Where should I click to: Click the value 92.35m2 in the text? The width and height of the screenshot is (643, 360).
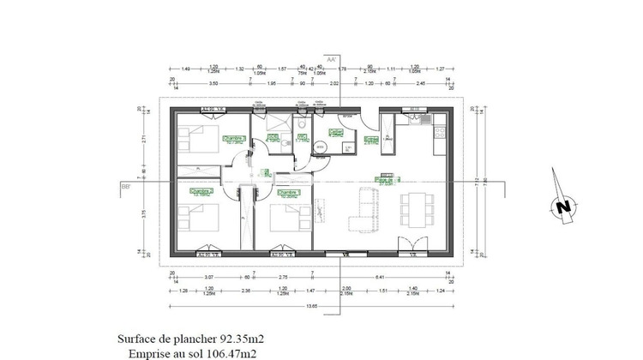(x=213, y=339)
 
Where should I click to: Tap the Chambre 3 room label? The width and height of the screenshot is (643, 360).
(x=234, y=138)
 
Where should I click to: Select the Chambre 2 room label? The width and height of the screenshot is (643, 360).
(x=201, y=192)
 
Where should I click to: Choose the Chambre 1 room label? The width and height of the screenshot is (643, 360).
(x=286, y=193)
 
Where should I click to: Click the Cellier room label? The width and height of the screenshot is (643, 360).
(x=336, y=134)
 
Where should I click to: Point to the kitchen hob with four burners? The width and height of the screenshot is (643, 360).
(x=441, y=134)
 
